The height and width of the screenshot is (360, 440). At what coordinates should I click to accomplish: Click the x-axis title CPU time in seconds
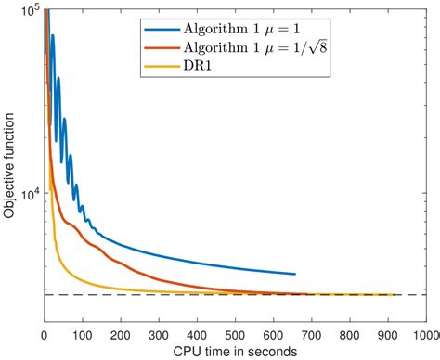tap(235, 351)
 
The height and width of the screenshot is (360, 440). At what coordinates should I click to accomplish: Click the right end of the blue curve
tap(295, 274)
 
